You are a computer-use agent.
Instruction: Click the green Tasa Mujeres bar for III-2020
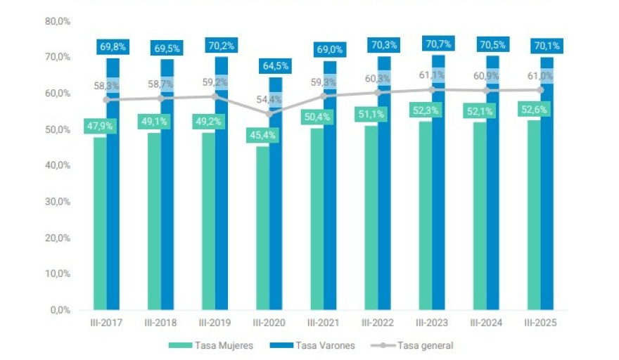262,232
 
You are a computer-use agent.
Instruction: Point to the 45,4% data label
262,133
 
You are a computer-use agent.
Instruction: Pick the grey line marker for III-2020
269,112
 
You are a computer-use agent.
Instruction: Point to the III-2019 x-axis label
215,323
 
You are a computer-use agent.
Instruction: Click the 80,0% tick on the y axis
57,21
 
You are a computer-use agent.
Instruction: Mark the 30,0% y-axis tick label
57,201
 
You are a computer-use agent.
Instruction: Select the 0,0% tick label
59,309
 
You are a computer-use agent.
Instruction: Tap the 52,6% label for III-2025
534,109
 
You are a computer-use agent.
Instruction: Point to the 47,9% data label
100,126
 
